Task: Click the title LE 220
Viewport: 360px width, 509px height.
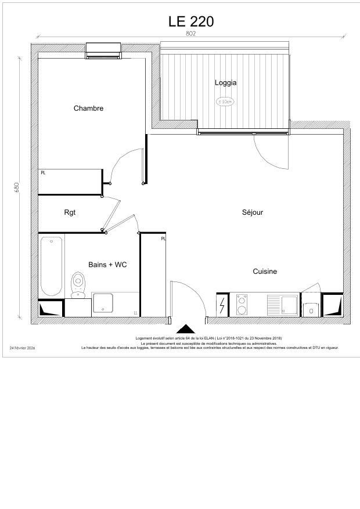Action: pyautogui.click(x=191, y=21)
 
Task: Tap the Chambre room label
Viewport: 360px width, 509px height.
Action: pyautogui.click(x=88, y=108)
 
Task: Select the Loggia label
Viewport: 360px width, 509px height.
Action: pyautogui.click(x=225, y=82)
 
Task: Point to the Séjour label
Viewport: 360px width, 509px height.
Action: pyautogui.click(x=253, y=212)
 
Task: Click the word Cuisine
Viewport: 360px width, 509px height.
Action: pyautogui.click(x=265, y=272)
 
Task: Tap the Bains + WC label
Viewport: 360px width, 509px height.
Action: pyautogui.click(x=107, y=265)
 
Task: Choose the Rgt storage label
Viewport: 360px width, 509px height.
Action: pyautogui.click(x=70, y=212)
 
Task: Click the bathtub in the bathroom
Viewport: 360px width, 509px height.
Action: pyautogui.click(x=51, y=266)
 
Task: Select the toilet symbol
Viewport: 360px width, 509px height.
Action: pyautogui.click(x=78, y=284)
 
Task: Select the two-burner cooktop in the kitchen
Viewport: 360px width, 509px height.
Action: pyautogui.click(x=242, y=304)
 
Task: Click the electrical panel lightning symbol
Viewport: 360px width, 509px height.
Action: pyautogui.click(x=222, y=305)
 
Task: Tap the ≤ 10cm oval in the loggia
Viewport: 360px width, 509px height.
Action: pyautogui.click(x=225, y=102)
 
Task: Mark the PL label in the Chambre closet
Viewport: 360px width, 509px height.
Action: pyautogui.click(x=43, y=172)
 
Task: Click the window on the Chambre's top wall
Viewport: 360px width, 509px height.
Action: pyautogui.click(x=103, y=51)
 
